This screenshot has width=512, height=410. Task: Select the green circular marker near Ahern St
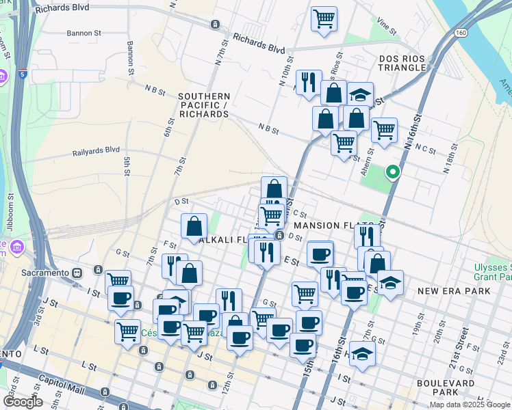coord(393,172)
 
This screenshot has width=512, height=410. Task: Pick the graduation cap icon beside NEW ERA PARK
coord(390,282)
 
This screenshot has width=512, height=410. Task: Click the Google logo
coord(23,401)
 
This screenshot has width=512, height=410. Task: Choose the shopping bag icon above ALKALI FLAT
coord(194,225)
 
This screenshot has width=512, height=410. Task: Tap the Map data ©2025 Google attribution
coord(469,405)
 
